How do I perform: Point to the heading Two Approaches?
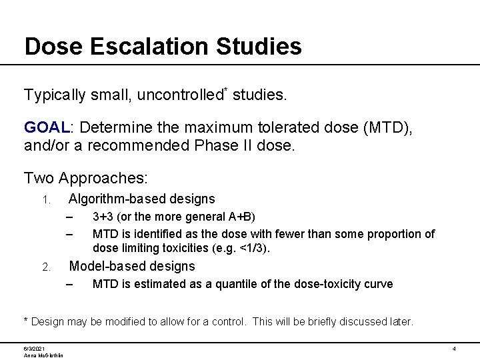(x=86, y=178)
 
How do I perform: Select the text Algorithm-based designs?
(x=142, y=199)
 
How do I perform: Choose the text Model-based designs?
(x=132, y=266)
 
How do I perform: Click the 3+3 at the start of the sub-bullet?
(x=102, y=217)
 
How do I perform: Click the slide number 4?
(x=453, y=349)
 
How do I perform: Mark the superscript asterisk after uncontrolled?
(x=225, y=90)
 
